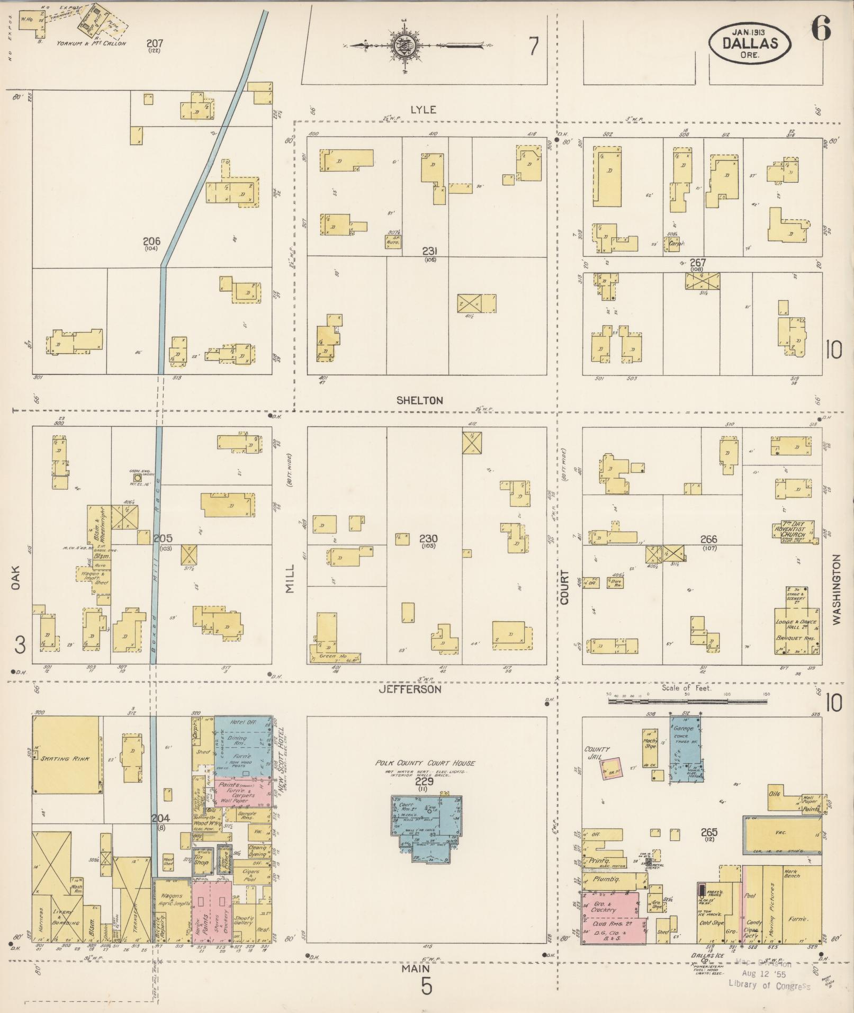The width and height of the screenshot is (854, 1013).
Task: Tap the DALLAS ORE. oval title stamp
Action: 750,42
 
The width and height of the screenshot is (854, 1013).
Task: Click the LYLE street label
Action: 424,110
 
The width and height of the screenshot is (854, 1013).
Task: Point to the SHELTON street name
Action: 419,400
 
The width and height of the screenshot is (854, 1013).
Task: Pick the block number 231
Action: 429,251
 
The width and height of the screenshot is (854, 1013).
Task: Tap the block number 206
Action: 151,241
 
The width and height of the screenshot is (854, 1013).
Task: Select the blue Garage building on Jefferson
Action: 686,747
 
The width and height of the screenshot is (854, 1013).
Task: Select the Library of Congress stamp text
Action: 769,984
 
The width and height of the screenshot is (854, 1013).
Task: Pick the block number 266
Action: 708,540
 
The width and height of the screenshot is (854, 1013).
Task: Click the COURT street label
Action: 564,587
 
